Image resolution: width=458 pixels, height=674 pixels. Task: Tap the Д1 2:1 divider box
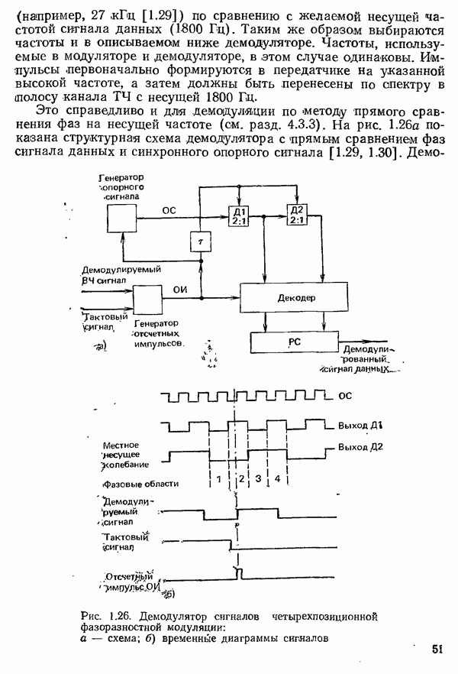click(239, 215)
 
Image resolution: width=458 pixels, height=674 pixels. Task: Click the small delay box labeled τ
click(201, 239)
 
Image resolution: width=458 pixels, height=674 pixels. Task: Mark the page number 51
click(437, 649)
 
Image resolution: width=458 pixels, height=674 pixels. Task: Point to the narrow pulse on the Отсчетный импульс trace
click(238, 572)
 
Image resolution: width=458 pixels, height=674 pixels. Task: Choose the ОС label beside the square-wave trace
click(344, 396)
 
